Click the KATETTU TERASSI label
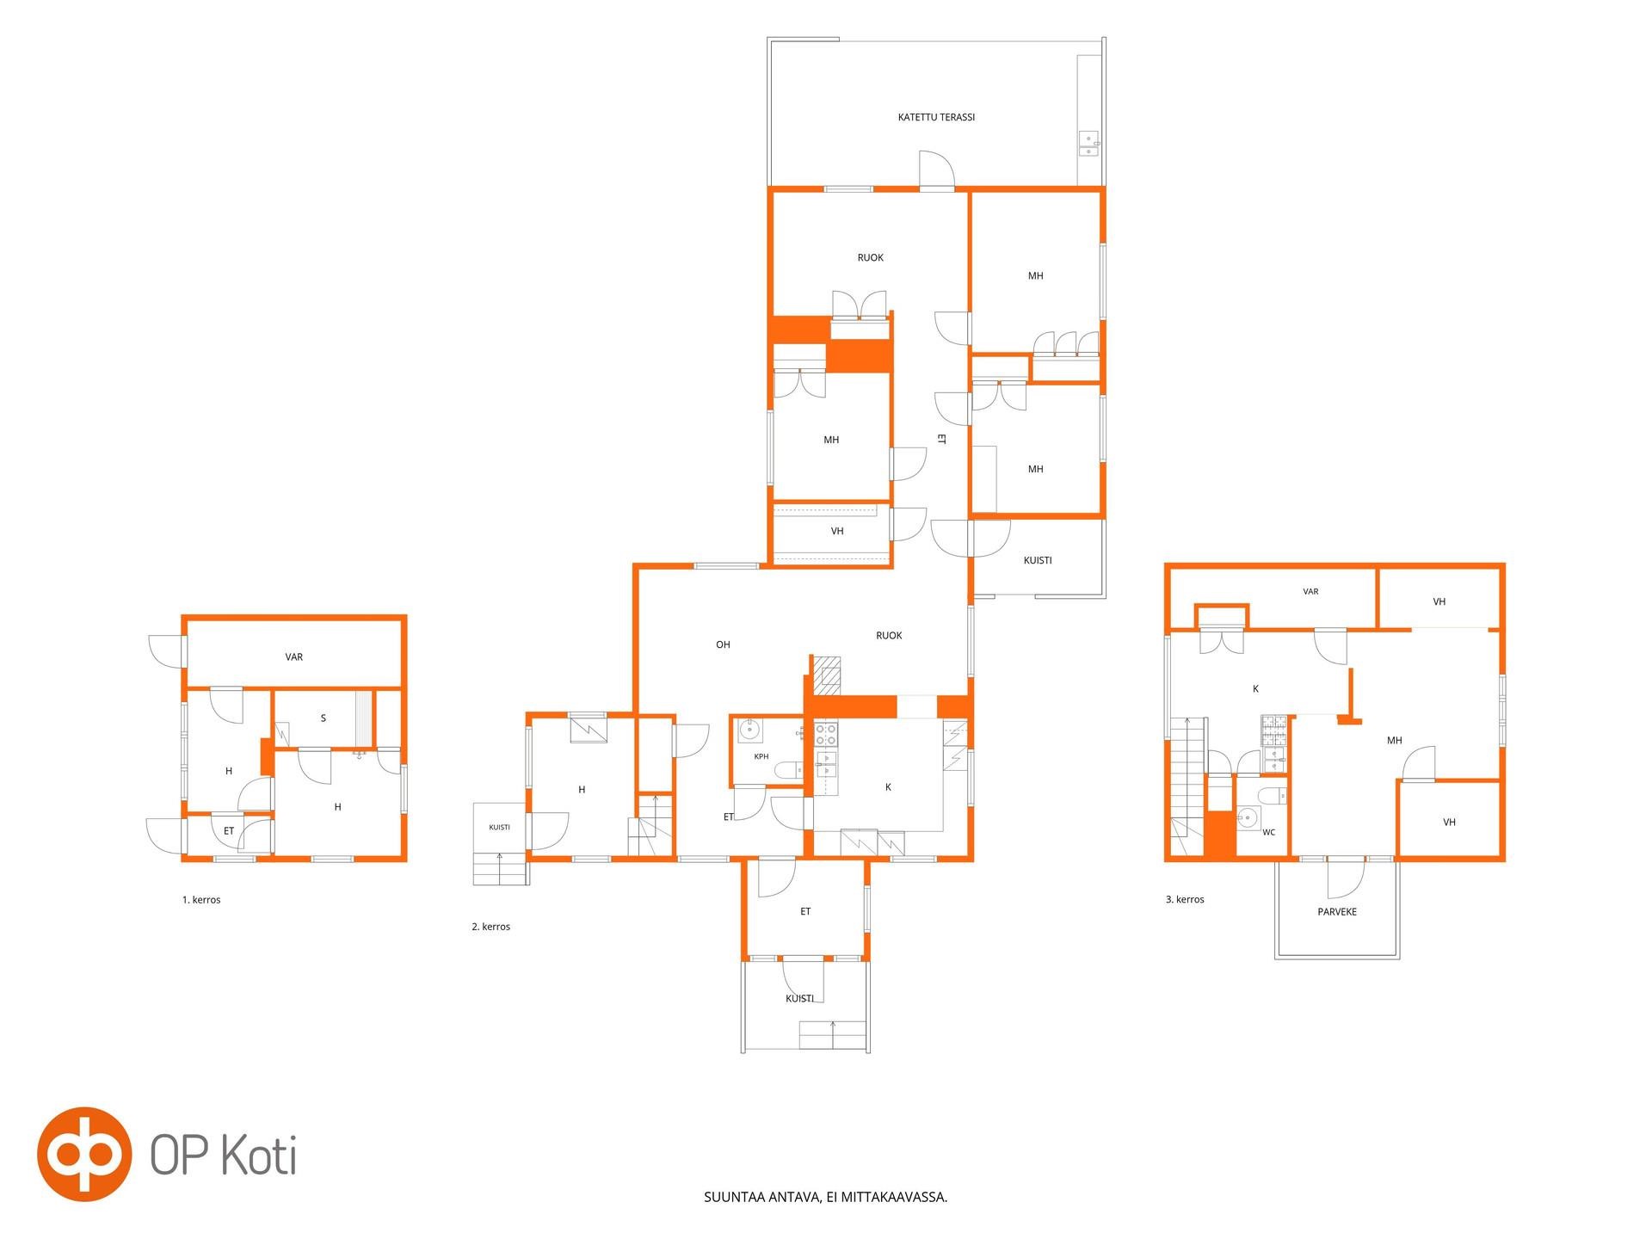936,117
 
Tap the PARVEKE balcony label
1337,912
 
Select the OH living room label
723,644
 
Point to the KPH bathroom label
761,757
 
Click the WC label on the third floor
1269,833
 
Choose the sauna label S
324,718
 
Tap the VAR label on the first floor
294,657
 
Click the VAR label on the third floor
1310,592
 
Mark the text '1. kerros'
201,900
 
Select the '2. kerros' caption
490,927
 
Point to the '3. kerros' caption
1185,899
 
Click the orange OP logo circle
83,1154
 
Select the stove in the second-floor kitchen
826,734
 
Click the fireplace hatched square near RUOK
828,675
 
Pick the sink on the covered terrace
1089,144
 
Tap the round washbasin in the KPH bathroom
750,730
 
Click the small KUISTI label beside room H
499,828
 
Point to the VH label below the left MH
837,532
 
